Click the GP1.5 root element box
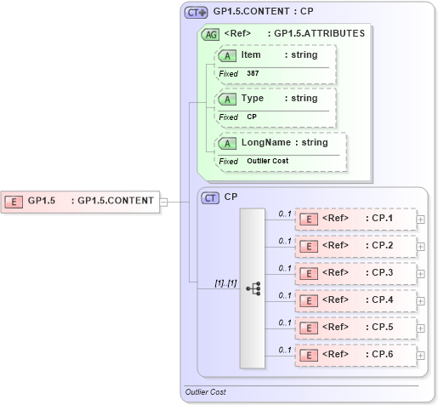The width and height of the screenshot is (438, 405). pos(81,202)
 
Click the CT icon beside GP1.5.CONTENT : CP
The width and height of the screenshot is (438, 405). pos(196,13)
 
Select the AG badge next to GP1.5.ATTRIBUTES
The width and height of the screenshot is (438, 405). pos(209,34)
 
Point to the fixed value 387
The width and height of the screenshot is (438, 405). pos(253,74)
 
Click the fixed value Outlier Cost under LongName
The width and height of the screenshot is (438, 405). pos(268,161)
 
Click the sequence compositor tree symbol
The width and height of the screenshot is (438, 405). pos(253,288)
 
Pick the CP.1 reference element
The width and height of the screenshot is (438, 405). pos(355,220)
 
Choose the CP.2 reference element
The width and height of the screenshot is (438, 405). pos(355,247)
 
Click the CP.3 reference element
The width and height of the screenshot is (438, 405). pos(355,273)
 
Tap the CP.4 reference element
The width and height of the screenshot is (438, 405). pos(355,300)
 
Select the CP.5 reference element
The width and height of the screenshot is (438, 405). pos(355,328)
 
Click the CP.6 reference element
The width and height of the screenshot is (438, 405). pos(355,355)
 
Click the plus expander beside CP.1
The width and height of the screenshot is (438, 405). pos(421,220)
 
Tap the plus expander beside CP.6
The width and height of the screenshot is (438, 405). pos(421,355)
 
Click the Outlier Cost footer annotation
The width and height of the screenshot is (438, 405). pos(205,392)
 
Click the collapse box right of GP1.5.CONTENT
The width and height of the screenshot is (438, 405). pos(164,202)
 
